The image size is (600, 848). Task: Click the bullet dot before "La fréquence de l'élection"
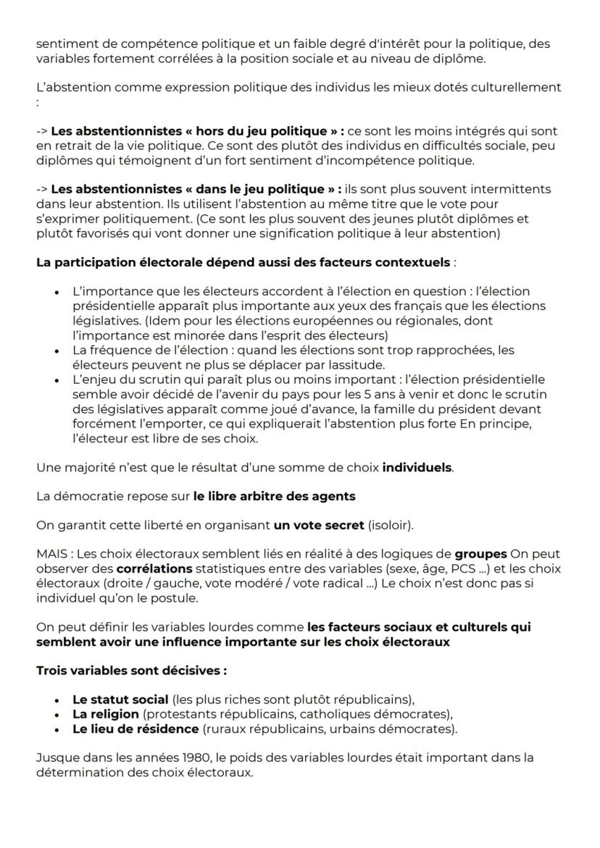57,350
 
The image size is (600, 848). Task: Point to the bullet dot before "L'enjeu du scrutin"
57,379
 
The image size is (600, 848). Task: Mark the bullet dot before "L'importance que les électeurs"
57,293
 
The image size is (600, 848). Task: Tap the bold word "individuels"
417,467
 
